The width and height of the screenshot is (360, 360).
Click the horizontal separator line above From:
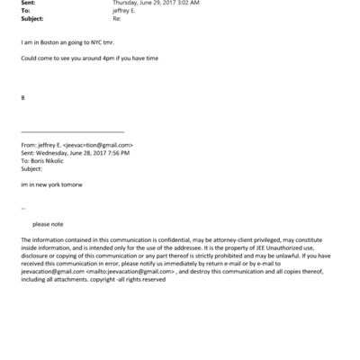pos(72,132)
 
